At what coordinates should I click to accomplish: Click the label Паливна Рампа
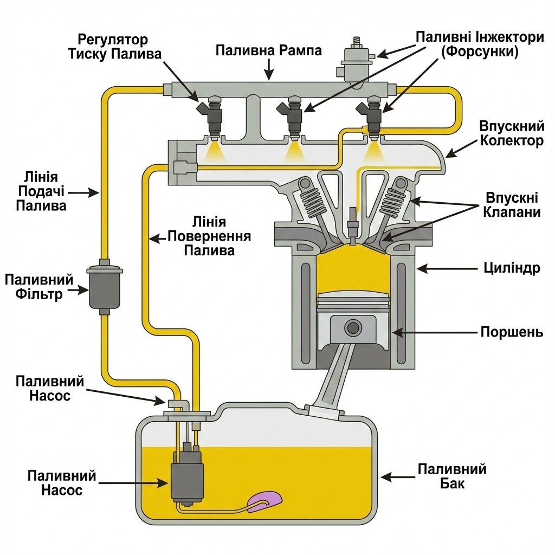coord(269,50)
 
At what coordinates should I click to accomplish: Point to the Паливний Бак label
coord(452,476)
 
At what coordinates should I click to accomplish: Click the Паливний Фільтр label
coord(39,287)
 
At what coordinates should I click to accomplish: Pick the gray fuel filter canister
coord(105,287)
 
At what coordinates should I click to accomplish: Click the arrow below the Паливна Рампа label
coord(269,69)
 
